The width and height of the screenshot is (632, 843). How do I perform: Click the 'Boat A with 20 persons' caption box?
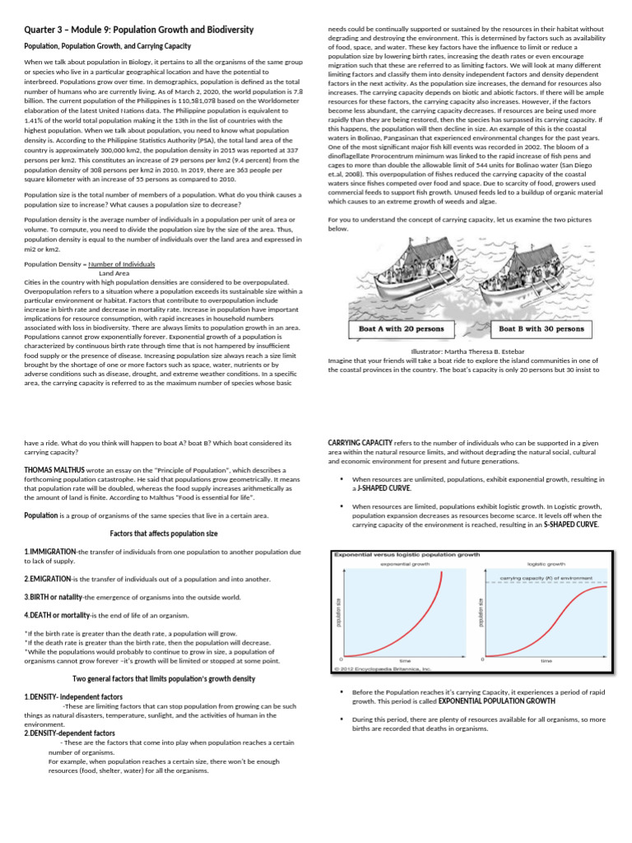tap(402, 329)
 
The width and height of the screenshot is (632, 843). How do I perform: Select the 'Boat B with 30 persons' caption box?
tap(541, 329)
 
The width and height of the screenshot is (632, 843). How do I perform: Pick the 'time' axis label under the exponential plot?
tap(405, 661)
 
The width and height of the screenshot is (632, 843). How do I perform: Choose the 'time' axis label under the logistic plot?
tap(546, 661)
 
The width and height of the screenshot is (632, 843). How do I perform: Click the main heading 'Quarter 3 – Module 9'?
tap(138, 30)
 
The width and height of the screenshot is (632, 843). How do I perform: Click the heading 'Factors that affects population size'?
tap(163, 533)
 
